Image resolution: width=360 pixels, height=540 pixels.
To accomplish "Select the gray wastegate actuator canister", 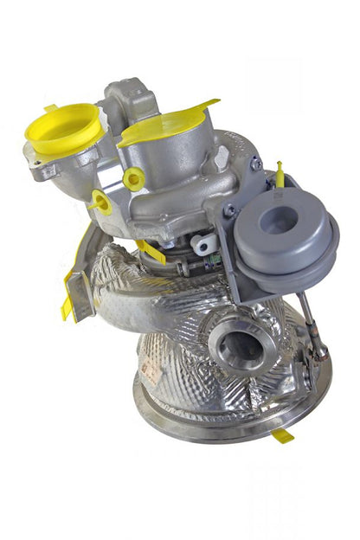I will [x=283, y=232].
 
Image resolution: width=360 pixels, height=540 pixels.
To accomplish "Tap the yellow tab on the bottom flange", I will [x=282, y=435].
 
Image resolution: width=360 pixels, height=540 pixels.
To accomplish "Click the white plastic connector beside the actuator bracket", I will [x=205, y=245].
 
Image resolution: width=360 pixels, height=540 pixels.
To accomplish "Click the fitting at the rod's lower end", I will [x=320, y=350].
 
